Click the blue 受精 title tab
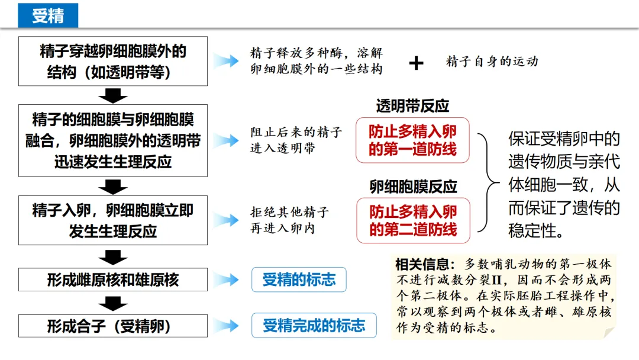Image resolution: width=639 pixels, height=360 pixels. click(x=48, y=15)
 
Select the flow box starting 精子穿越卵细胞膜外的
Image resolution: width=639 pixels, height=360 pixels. click(x=113, y=61)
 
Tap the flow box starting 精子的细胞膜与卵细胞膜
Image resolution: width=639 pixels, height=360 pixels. click(x=113, y=140)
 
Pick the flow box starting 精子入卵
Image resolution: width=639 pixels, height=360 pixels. click(x=113, y=220)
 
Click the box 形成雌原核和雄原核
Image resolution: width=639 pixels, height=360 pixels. click(x=113, y=279)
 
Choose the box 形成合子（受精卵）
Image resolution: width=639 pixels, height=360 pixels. click(x=113, y=326)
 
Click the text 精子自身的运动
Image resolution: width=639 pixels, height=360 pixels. click(x=492, y=61)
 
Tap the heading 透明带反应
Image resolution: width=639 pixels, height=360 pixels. click(x=412, y=106)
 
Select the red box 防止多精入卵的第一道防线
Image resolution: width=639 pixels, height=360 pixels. click(x=412, y=140)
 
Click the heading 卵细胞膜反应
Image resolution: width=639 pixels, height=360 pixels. click(x=413, y=187)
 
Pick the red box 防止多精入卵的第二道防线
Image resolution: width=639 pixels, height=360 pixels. click(x=413, y=220)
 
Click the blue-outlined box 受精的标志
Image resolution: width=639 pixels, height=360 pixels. click(x=299, y=279)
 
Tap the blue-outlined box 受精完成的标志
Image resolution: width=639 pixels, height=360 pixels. click(x=314, y=326)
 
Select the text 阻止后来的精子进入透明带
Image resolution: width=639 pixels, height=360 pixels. click(x=296, y=140)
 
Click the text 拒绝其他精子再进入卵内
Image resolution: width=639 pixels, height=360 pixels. click(x=289, y=220)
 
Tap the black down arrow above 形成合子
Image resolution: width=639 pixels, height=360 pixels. click(x=112, y=304)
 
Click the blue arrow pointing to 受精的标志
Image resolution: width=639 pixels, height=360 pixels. click(x=226, y=279)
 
